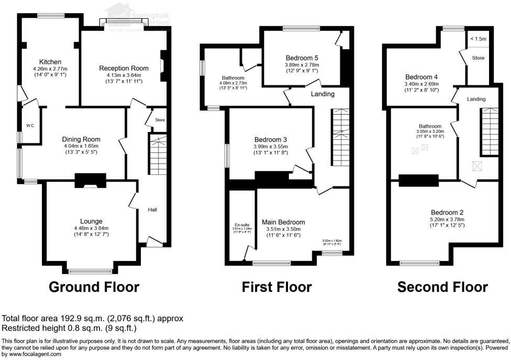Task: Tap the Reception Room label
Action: pos(124,68)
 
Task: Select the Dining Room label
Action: pos(81,139)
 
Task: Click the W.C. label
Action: pos(31,126)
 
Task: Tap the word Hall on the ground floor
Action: pos(152,210)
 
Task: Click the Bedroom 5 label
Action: pos(302,58)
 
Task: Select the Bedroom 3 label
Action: pos(270,139)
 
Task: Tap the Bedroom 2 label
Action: pos(446,212)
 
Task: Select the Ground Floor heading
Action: pos(94,287)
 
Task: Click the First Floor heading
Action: pos(276,287)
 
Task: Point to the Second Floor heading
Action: pos(442,287)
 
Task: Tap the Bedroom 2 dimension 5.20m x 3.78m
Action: pos(446,219)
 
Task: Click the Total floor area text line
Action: pos(93,318)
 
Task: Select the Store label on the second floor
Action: pos(478,58)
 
